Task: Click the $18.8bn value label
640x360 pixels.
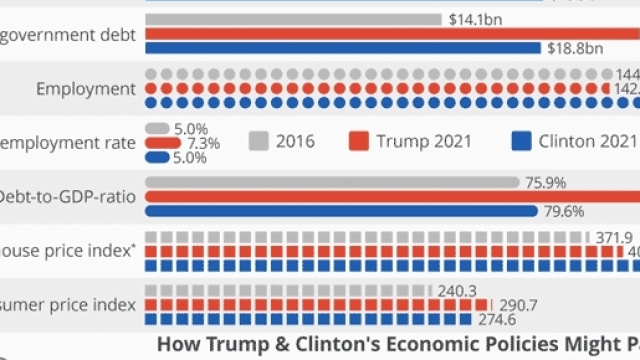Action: (x=575, y=47)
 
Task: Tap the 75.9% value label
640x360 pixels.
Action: (x=545, y=183)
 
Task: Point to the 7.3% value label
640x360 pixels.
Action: (x=203, y=143)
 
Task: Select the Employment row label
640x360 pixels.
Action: (x=85, y=89)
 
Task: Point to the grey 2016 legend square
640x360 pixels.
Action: (x=259, y=141)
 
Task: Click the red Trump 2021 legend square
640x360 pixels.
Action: (x=360, y=141)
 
